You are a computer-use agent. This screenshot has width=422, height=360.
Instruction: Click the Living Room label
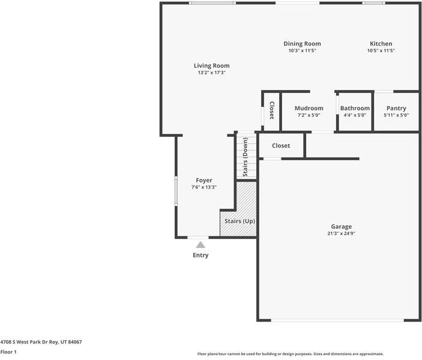[x=211, y=65]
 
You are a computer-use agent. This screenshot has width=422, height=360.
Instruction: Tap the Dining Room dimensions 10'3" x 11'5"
[x=302, y=51]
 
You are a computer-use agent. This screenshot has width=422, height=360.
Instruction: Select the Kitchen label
[x=381, y=44]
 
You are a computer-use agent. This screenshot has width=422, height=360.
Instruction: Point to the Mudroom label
[x=309, y=108]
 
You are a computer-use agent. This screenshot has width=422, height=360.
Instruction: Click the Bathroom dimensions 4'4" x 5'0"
[x=355, y=115]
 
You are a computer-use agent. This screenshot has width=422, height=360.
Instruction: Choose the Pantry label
[x=396, y=108]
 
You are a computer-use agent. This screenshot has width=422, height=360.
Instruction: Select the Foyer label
[x=203, y=180]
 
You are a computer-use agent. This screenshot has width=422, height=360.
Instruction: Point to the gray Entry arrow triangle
[x=200, y=244]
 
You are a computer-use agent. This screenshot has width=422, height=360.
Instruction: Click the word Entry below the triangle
[x=200, y=255]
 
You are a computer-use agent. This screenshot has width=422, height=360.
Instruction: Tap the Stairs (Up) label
[x=240, y=221]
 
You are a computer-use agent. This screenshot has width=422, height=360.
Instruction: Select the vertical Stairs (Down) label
[x=245, y=157]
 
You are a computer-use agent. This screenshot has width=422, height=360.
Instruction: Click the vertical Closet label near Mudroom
[x=272, y=110]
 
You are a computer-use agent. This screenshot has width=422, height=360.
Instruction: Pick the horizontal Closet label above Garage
[x=281, y=146]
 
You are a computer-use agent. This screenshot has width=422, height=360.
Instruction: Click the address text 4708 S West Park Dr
[x=41, y=342]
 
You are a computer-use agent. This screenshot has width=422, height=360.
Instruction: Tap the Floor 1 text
[x=8, y=352]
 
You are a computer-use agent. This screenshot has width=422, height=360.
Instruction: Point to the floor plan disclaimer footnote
[x=290, y=354]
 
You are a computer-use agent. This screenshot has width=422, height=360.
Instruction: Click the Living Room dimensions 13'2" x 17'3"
[x=211, y=73]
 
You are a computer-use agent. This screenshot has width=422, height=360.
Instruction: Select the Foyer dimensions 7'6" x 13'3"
[x=203, y=187]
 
